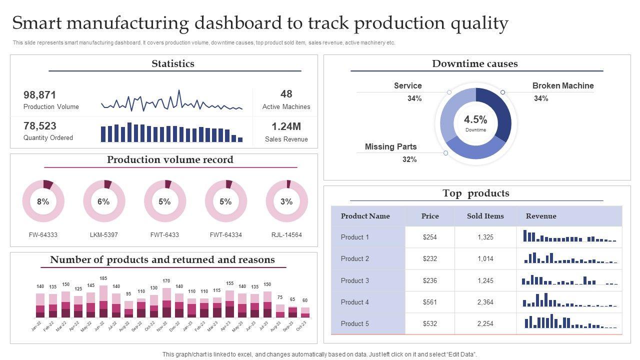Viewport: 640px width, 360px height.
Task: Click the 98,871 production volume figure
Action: tap(40, 95)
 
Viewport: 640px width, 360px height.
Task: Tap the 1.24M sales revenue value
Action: tap(286, 126)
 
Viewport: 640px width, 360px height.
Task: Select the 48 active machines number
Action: tap(286, 94)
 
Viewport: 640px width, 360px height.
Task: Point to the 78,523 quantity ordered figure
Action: tap(40, 126)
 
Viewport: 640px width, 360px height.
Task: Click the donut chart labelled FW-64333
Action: tap(43, 201)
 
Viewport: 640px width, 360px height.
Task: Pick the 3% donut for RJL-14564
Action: tap(286, 201)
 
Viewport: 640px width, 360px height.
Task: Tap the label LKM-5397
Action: tap(104, 234)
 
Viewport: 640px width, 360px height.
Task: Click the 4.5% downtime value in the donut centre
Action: tap(475, 120)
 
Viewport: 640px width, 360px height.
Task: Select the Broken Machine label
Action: tap(563, 85)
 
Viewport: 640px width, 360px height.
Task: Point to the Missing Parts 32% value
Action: tap(409, 159)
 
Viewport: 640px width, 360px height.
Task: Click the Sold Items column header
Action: tap(485, 216)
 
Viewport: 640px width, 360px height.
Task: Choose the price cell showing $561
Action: tap(430, 302)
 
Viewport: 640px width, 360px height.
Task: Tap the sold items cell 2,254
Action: tap(485, 323)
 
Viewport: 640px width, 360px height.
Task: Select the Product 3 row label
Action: tap(355, 280)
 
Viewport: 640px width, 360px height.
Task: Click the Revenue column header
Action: tap(541, 216)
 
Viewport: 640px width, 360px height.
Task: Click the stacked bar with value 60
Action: tap(305, 312)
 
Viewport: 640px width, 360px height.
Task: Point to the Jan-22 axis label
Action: tap(36, 326)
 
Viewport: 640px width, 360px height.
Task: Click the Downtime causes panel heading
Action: tap(474, 63)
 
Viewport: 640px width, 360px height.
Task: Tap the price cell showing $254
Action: tap(430, 237)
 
